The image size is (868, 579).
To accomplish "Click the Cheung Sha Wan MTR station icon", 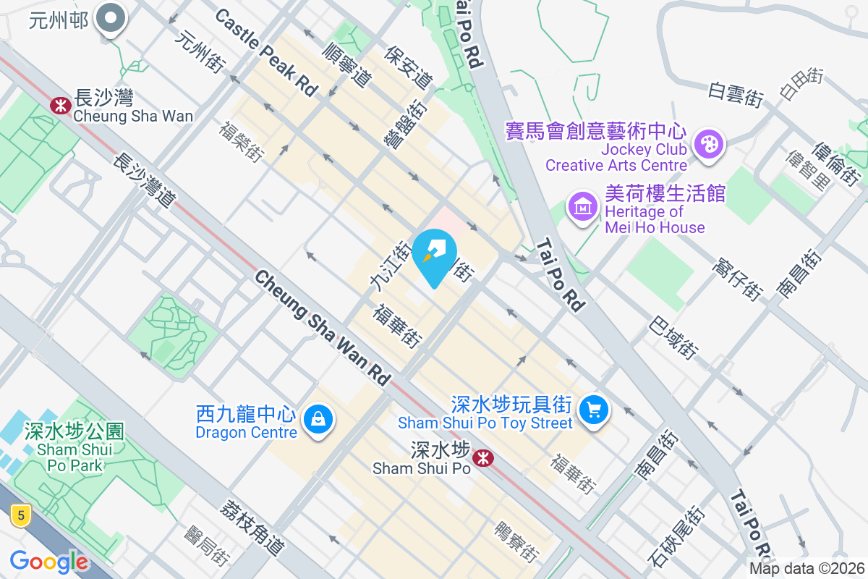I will tap(60, 106).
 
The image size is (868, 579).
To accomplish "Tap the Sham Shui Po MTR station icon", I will tap(482, 457).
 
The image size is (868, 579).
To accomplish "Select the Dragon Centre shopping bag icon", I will tap(318, 418).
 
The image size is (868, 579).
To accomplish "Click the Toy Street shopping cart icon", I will tap(595, 410).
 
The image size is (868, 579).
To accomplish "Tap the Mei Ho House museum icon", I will tap(583, 208).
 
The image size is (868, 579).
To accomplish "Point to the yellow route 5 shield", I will tap(21, 516).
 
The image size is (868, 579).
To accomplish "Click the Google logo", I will tap(49, 562).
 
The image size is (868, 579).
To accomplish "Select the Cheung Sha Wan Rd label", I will tap(322, 328).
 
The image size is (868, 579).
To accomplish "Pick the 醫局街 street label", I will tap(206, 546).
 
